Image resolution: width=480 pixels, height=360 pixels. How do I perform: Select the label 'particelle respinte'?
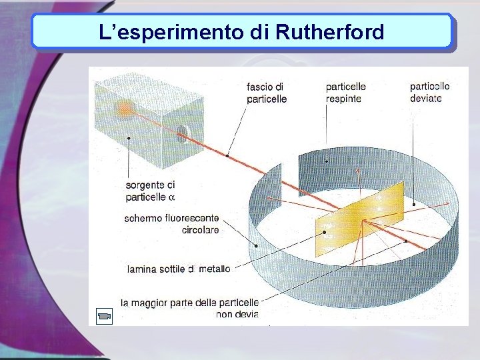[345, 93]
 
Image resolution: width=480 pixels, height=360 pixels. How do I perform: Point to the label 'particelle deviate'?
[429, 92]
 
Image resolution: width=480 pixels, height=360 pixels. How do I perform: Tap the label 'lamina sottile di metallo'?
[179, 269]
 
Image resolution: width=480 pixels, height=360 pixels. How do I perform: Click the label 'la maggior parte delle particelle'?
[190, 303]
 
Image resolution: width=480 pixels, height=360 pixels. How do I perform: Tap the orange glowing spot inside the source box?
[124, 108]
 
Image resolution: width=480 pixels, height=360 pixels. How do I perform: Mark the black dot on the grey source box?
[129, 139]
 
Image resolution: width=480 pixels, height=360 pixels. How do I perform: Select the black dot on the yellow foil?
[325, 232]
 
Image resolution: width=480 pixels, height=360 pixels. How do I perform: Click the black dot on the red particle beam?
[227, 155]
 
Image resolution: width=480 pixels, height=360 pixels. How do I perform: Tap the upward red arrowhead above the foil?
[359, 170]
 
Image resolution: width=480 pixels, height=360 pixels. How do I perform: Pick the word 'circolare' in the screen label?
[200, 231]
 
